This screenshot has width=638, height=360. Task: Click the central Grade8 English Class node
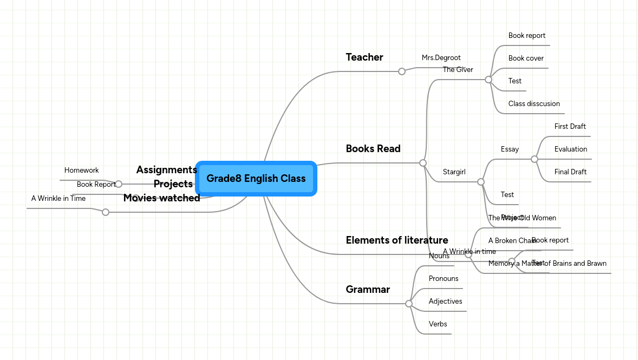(256, 179)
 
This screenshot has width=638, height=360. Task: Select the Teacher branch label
(364, 57)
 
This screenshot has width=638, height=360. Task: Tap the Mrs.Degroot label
(441, 58)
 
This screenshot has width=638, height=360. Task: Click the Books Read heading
(373, 149)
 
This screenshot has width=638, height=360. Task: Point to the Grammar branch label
(367, 290)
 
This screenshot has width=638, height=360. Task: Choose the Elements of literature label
(396, 240)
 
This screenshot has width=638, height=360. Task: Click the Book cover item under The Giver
(525, 58)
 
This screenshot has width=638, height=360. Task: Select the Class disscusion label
(533, 104)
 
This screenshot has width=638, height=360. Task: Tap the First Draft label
(570, 127)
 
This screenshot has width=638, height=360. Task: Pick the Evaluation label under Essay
(570, 149)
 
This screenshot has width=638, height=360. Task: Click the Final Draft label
(570, 172)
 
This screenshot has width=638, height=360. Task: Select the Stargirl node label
(454, 172)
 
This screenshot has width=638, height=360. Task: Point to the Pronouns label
(443, 279)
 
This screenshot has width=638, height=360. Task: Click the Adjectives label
(445, 302)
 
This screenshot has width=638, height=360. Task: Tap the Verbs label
(438, 324)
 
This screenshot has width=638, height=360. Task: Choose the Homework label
(81, 171)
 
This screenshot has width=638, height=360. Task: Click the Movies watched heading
(161, 198)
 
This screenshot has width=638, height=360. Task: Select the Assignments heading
(166, 170)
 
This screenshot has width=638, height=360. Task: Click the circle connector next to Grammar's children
(409, 304)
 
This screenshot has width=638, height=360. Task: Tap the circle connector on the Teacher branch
(401, 71)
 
